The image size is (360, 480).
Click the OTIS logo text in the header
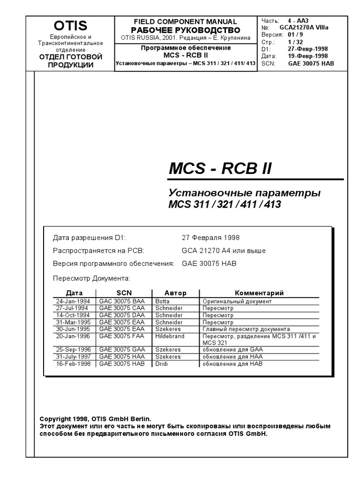click(x=70, y=26)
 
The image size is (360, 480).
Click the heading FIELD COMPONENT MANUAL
click(x=186, y=22)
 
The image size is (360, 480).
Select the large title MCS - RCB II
click(x=220, y=169)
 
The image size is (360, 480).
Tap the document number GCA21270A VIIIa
click(x=304, y=28)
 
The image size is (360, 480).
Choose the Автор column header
click(x=175, y=293)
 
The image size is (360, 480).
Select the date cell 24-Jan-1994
click(x=74, y=301)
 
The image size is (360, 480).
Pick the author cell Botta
click(x=163, y=301)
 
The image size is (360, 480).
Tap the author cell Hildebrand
click(x=170, y=336)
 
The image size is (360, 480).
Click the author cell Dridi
click(x=162, y=364)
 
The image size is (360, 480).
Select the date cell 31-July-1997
click(x=74, y=357)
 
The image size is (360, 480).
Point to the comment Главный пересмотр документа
click(x=246, y=329)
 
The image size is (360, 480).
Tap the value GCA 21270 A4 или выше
click(x=224, y=250)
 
